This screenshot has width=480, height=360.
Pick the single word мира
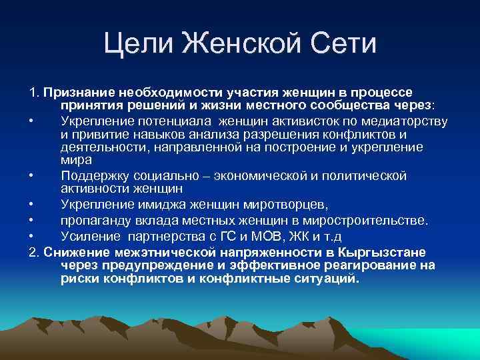tap(77, 161)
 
